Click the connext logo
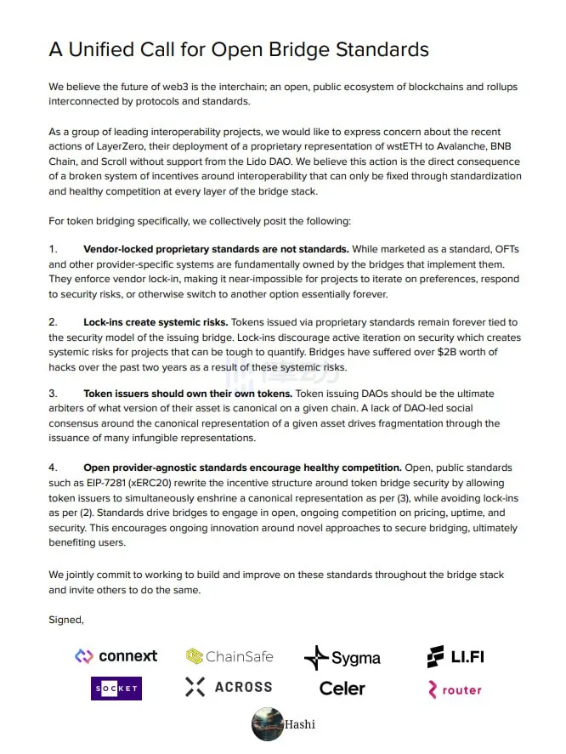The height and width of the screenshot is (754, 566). click(x=116, y=656)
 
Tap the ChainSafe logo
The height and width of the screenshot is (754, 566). click(x=218, y=656)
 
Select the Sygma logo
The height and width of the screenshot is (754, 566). click(x=342, y=657)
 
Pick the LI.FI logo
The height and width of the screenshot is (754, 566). click(x=456, y=656)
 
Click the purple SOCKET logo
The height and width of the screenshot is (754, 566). click(x=116, y=688)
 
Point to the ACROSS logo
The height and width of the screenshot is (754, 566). click(x=229, y=687)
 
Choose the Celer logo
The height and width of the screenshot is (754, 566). click(x=342, y=689)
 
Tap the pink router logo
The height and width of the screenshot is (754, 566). click(x=456, y=689)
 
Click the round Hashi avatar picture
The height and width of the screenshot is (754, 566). click(x=268, y=724)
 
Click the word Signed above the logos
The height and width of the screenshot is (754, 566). click(x=66, y=620)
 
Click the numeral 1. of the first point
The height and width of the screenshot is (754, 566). click(x=53, y=249)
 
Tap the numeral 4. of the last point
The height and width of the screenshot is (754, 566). click(x=53, y=468)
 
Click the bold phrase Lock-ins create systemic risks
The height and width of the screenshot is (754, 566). click(x=156, y=322)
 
